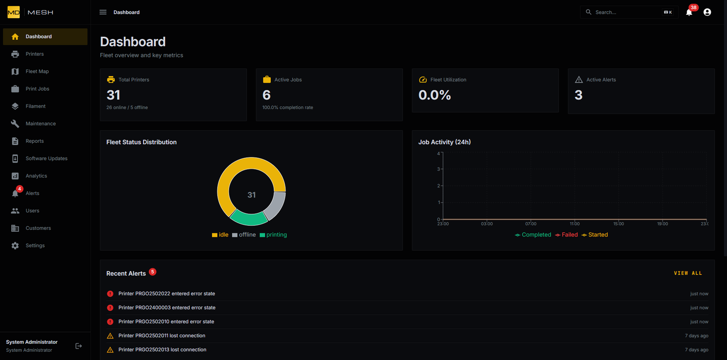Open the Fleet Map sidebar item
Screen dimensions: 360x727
[x=37, y=72]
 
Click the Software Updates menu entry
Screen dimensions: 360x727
[x=46, y=159]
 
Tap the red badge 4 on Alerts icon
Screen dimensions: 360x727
[x=20, y=189]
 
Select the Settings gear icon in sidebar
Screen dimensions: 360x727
[x=15, y=246]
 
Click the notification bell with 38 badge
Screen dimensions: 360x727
[x=689, y=12]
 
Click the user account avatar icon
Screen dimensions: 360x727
[x=707, y=12]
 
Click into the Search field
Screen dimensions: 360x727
[x=625, y=12]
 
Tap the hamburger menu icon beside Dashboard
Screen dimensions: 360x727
[x=103, y=12]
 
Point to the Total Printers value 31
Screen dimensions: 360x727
[x=113, y=95]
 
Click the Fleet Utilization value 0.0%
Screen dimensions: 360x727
[x=435, y=95]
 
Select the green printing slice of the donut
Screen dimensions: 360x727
[x=249, y=218]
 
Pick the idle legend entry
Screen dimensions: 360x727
[x=220, y=235]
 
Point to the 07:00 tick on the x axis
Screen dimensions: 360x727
[x=530, y=224]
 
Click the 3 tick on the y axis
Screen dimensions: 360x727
[x=438, y=169]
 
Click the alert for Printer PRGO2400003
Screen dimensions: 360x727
[x=167, y=308]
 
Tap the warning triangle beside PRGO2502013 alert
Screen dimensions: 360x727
[x=110, y=350]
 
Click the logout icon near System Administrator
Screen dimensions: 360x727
[x=79, y=346]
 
